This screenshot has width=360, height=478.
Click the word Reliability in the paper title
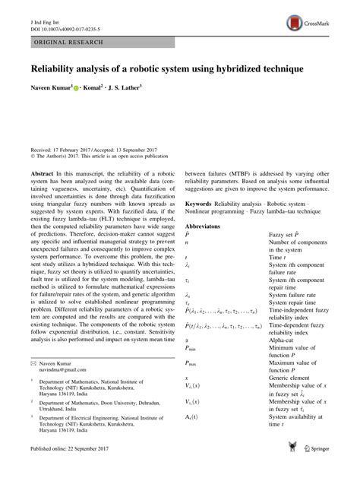tap(55, 68)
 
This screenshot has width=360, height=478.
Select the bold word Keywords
tap(201, 205)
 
